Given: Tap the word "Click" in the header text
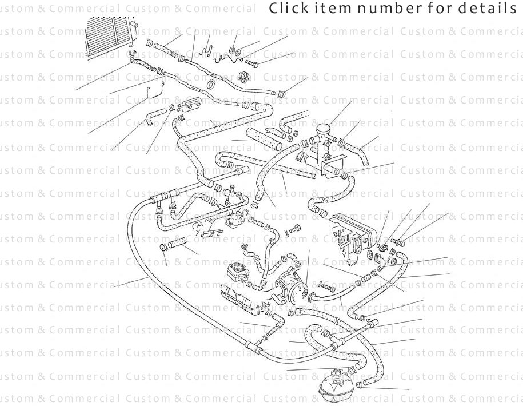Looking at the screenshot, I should click(x=285, y=9).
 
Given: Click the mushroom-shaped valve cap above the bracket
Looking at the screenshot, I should click(x=324, y=127).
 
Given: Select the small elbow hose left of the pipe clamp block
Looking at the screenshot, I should click(x=155, y=118).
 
